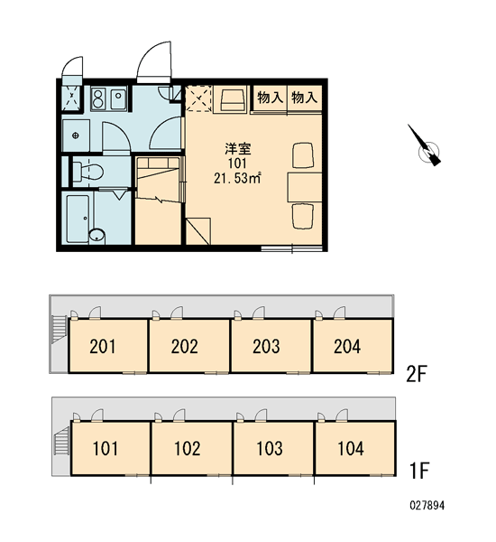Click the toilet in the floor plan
pyautogui.click(x=87, y=172)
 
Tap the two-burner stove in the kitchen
pyautogui.click(x=99, y=98)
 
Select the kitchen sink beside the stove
pyautogui.click(x=118, y=98)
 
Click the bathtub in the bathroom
pyautogui.click(x=78, y=220)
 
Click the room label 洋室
pyautogui.click(x=238, y=149)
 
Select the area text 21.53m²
pyautogui.click(x=237, y=178)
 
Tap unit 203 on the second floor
pyautogui.click(x=266, y=346)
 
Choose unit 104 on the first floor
pyautogui.click(x=351, y=448)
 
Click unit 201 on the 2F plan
pyautogui.click(x=103, y=346)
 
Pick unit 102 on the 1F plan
pyautogui.click(x=188, y=448)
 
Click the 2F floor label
pyautogui.click(x=417, y=374)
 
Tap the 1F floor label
pyautogui.click(x=418, y=470)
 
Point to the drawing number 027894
pyautogui.click(x=427, y=506)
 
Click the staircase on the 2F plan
pyautogui.click(x=60, y=328)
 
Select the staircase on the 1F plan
pyautogui.click(x=62, y=440)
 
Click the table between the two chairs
pyautogui.click(x=305, y=187)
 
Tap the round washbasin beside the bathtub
pyautogui.click(x=96, y=236)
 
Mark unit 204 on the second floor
pyautogui.click(x=347, y=346)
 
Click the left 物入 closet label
pyautogui.click(x=270, y=98)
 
